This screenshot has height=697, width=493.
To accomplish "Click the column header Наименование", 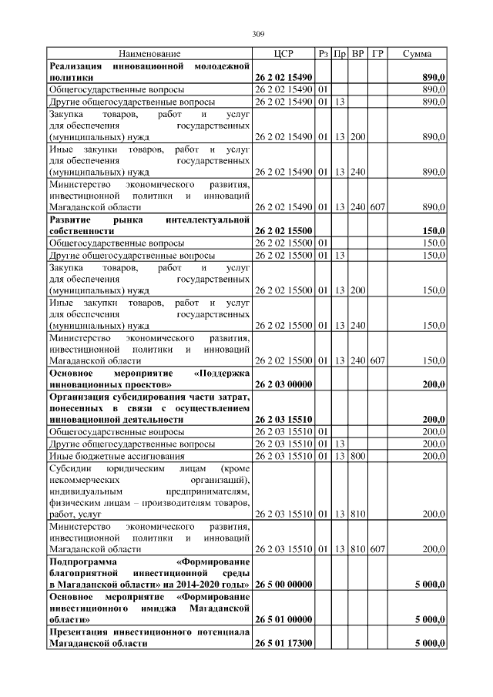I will (149, 54).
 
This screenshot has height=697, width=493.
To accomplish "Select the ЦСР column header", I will (283, 54).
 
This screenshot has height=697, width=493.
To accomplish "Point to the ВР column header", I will (358, 54).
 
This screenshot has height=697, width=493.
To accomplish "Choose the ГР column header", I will (377, 54).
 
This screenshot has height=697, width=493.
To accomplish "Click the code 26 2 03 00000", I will (283, 383).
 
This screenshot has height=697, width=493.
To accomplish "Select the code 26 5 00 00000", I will (283, 585).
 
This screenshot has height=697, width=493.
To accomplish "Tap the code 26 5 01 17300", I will (283, 642).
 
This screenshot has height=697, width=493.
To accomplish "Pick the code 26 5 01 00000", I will (283, 618).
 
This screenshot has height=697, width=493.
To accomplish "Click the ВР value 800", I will (358, 457).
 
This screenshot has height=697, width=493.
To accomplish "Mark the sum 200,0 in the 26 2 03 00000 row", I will (434, 383).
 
